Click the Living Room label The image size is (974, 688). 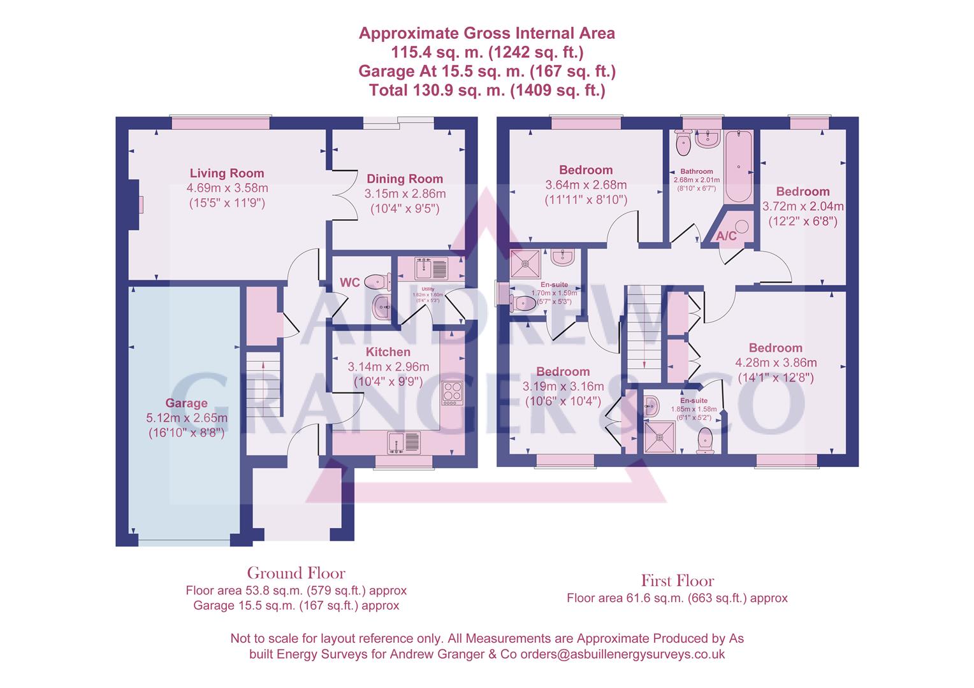(226, 173)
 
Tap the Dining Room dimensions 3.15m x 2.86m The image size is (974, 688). (405, 194)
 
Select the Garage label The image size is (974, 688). (186, 403)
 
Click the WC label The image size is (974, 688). (350, 283)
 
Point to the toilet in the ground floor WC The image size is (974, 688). (380, 280)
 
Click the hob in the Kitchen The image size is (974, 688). (452, 392)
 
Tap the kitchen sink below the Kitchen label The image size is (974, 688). (403, 441)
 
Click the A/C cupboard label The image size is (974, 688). (727, 236)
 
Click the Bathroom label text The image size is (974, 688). (696, 171)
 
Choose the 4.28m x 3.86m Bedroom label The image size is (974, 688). (775, 348)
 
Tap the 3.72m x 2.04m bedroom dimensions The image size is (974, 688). (803, 206)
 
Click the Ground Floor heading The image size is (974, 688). (296, 573)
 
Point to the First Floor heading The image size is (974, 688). (677, 580)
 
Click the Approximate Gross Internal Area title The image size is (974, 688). (487, 33)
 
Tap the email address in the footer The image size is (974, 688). (622, 654)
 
